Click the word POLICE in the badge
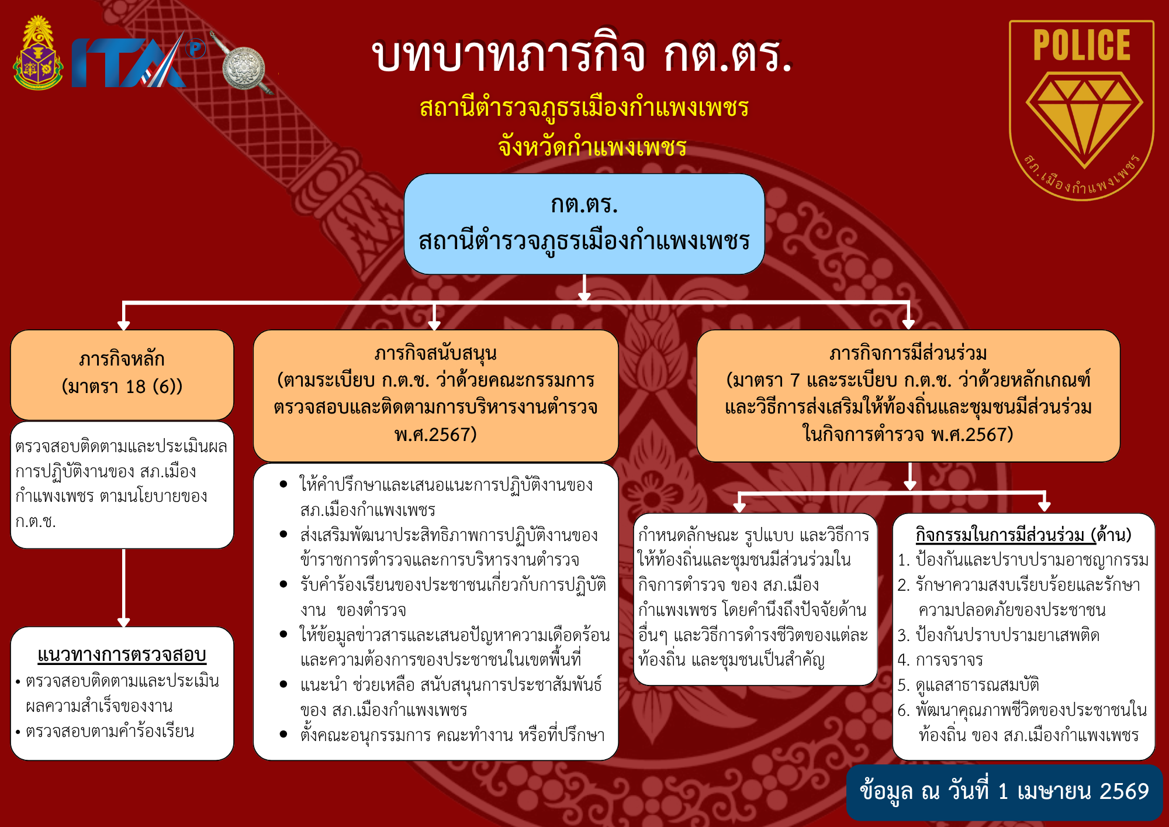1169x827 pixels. [1082, 45]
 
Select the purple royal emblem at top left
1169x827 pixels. [38, 53]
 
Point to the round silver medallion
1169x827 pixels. [244, 69]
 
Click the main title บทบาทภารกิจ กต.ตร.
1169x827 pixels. [582, 56]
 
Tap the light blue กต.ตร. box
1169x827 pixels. [584, 223]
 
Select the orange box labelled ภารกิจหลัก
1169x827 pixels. [122, 374]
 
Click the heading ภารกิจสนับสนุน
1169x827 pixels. [435, 354]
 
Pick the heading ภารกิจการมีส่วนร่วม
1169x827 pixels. [908, 354]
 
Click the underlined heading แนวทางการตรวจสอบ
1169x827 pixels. [122, 655]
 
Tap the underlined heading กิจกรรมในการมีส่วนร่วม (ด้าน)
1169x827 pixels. [1023, 535]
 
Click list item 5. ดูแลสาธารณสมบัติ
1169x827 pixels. [968, 685]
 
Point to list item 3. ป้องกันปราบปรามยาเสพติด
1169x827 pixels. [998, 635]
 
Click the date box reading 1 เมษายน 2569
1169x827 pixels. [1004, 792]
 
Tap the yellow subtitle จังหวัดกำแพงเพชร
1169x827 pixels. [592, 146]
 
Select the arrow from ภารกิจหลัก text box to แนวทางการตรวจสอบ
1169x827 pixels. [123, 588]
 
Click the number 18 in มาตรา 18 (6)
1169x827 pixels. [136, 387]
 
